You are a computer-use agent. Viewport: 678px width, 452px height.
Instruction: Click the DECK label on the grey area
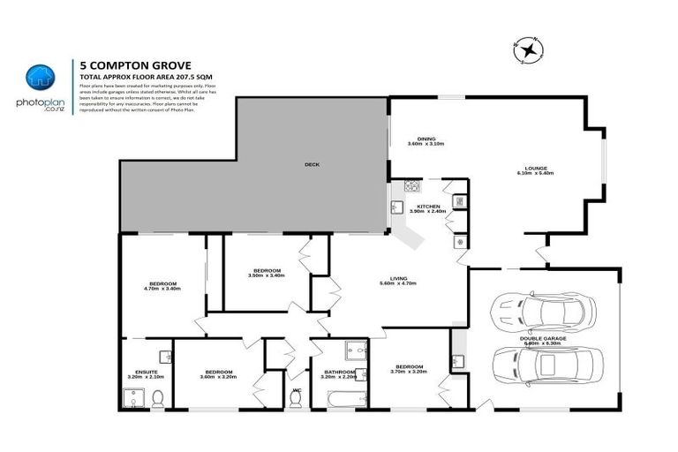pos(311,164)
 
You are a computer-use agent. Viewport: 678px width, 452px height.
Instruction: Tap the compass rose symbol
pos(528,51)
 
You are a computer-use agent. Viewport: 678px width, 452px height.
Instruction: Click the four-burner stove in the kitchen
pos(411,186)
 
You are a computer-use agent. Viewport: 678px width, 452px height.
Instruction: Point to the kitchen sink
pos(397,208)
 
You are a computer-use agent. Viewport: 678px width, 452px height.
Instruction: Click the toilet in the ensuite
pos(157,400)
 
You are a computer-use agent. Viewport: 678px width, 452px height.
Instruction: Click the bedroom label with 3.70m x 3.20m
pos(409,368)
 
